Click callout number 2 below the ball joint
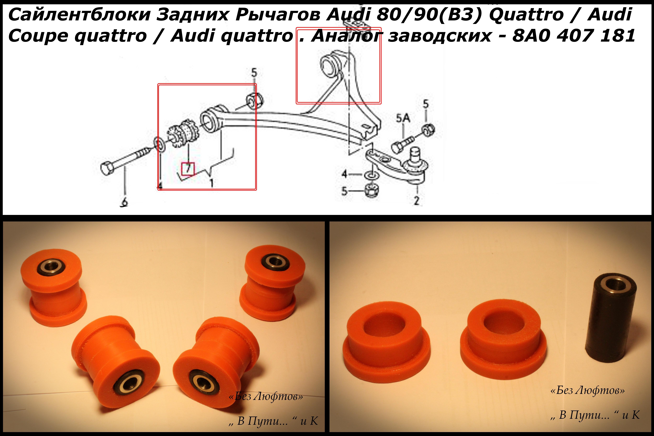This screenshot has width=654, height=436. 416,200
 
